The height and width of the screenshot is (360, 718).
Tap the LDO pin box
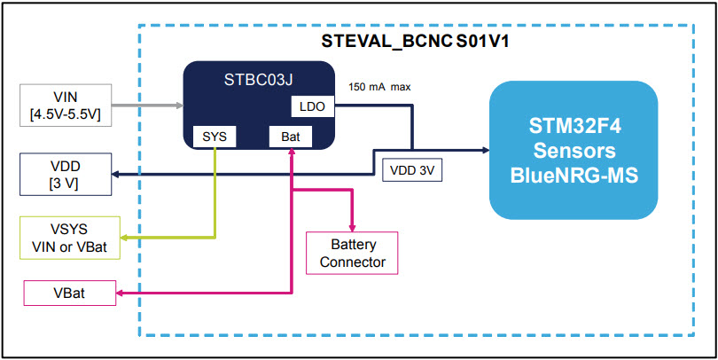click(x=313, y=106)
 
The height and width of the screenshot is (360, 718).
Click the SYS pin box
click(x=214, y=137)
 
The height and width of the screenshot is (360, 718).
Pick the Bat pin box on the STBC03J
click(x=291, y=137)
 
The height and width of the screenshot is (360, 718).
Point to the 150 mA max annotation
click(x=380, y=87)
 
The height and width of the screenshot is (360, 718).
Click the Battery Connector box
click(x=353, y=253)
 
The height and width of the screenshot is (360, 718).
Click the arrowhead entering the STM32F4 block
click(x=484, y=150)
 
